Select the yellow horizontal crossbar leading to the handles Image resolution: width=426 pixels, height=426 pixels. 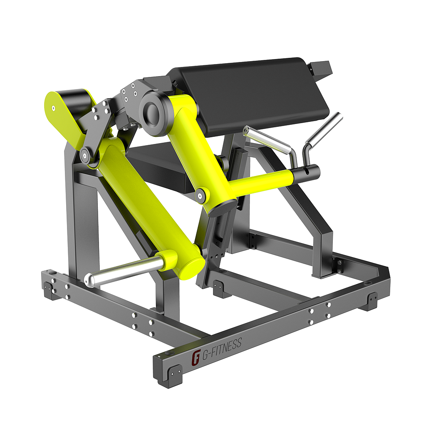pyautogui.click(x=262, y=183)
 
